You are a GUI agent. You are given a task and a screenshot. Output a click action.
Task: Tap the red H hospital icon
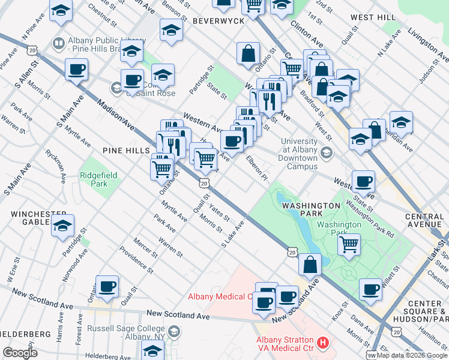pyautogui.click(x=323, y=343)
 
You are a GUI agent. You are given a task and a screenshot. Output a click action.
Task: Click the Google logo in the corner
pyautogui.click(x=20, y=353)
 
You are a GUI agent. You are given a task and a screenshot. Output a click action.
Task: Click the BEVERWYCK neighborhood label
pyautogui.click(x=218, y=21)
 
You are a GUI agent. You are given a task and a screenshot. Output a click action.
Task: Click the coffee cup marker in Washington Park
pyautogui.click(x=370, y=290)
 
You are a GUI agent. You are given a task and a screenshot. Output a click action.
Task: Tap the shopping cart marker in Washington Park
pyautogui.click(x=349, y=244)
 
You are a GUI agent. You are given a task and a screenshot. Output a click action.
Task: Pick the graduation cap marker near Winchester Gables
pyautogui.click(x=62, y=226)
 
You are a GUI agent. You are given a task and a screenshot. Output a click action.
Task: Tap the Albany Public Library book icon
pyautogui.click(x=58, y=43)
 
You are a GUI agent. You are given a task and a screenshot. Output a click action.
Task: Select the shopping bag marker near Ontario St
pyautogui.click(x=248, y=53)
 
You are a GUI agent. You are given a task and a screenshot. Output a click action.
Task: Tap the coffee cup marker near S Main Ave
pyautogui.click(x=76, y=70)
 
